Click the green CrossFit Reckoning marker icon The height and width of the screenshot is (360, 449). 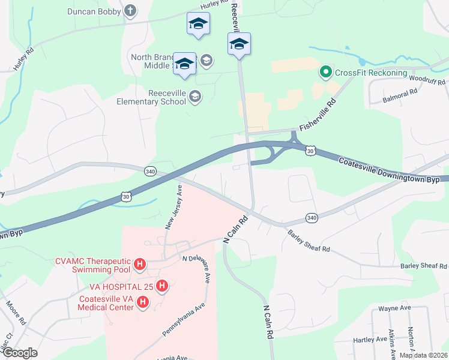[326, 73]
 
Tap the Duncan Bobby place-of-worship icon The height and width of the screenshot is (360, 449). [130, 11]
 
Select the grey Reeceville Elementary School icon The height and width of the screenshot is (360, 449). [194, 96]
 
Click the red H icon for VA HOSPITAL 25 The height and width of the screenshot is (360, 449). [161, 286]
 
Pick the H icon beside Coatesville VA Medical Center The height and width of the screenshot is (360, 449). [143, 302]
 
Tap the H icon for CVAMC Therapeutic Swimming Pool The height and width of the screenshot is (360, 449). [140, 263]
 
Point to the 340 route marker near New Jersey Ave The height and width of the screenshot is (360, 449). [150, 172]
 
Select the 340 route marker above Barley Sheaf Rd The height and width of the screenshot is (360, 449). [311, 217]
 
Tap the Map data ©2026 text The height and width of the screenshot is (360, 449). [423, 355]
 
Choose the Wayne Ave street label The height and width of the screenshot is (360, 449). [394, 308]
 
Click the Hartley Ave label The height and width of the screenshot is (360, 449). [370, 340]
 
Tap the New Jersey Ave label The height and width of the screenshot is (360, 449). [174, 207]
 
